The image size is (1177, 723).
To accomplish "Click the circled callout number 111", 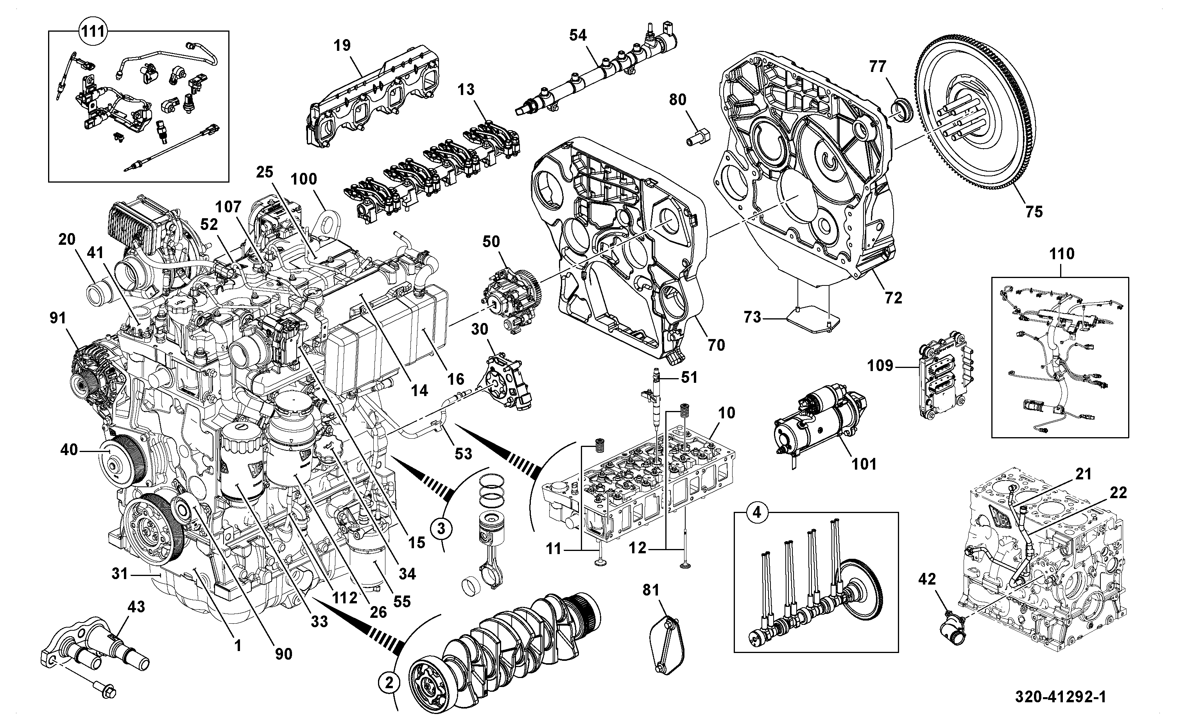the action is click(93, 32).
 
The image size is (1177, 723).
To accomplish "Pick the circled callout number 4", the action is click(756, 513).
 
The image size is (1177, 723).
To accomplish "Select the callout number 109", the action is click(880, 366).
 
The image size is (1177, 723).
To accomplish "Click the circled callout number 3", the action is click(441, 529).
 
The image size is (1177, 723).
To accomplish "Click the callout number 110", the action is click(1061, 253).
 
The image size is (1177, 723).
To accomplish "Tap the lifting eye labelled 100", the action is click(327, 223).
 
